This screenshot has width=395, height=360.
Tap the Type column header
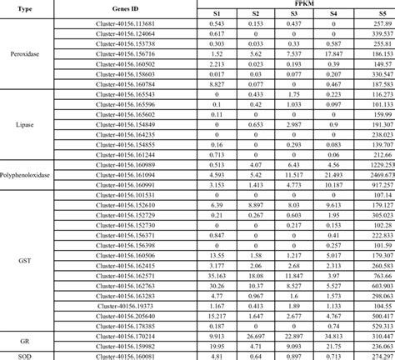pos(23,9)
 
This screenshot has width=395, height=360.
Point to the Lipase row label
pos(24,125)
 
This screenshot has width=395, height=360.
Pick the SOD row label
pos(24,355)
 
